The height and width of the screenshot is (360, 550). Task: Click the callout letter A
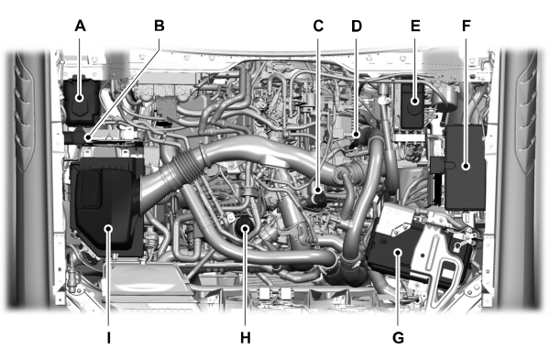pyautogui.click(x=81, y=27)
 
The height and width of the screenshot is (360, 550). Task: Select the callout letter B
pyautogui.click(x=159, y=27)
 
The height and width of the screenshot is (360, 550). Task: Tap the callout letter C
pyautogui.click(x=318, y=27)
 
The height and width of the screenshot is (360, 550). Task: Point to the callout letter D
pyautogui.click(x=357, y=27)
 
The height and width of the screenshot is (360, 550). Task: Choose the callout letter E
pyautogui.click(x=415, y=27)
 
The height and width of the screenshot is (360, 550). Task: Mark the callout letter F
pyautogui.click(x=467, y=27)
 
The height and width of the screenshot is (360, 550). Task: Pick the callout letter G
pyautogui.click(x=397, y=337)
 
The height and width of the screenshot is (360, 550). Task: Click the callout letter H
pyautogui.click(x=245, y=337)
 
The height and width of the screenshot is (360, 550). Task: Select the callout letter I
pyautogui.click(x=108, y=337)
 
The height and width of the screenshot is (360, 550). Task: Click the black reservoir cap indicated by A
pyautogui.click(x=81, y=94)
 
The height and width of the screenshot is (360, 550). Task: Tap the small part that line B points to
pyautogui.click(x=87, y=138)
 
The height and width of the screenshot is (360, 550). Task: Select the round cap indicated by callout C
pyautogui.click(x=318, y=194)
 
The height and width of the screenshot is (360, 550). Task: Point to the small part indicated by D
pyautogui.click(x=356, y=139)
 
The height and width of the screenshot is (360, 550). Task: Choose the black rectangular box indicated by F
pyautogui.click(x=467, y=167)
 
